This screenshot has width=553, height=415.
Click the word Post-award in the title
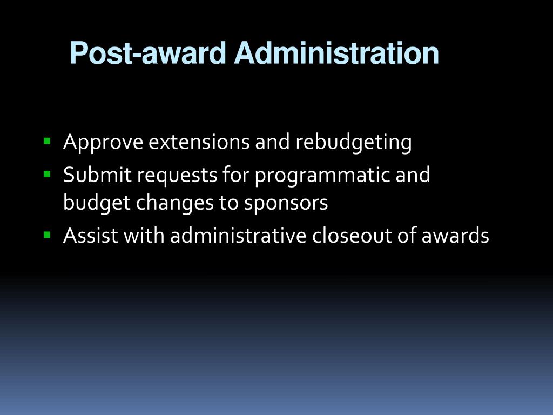(x=148, y=53)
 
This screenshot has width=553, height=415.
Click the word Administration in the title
(x=336, y=53)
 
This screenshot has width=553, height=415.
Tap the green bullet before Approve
(x=47, y=141)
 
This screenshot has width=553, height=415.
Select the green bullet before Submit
(x=47, y=174)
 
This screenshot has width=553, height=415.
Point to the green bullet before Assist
(x=47, y=235)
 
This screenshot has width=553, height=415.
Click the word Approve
(x=103, y=143)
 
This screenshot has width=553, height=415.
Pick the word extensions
(x=199, y=142)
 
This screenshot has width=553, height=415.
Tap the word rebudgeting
(x=353, y=143)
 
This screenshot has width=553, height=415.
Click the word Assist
(x=90, y=236)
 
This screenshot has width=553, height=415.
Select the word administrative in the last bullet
(x=238, y=236)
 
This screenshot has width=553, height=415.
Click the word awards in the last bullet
(x=455, y=236)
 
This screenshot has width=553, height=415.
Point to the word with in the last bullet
(x=144, y=236)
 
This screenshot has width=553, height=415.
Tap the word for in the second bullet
(x=236, y=175)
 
